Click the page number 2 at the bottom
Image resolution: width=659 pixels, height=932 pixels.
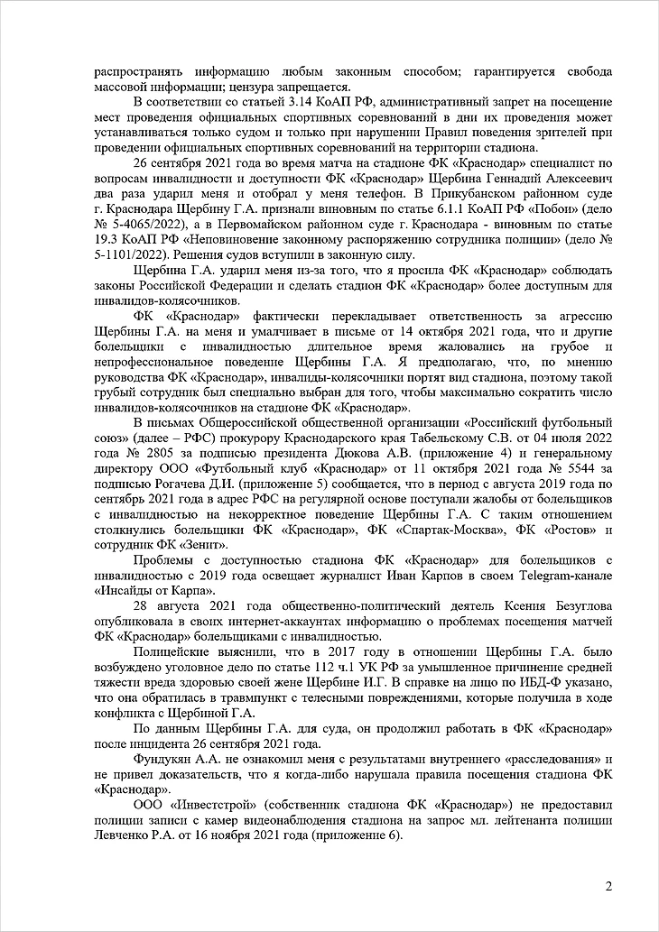coord(608,885)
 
